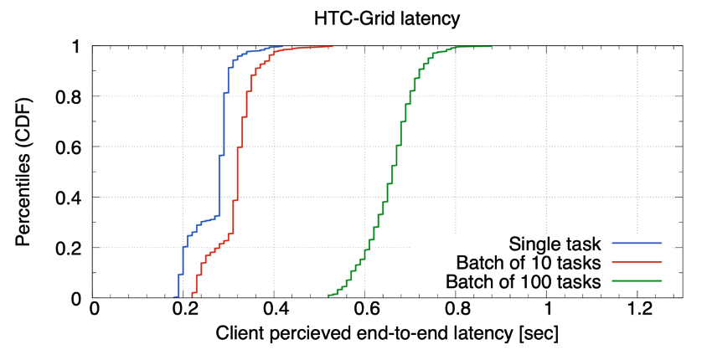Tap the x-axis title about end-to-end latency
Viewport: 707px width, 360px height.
[387, 334]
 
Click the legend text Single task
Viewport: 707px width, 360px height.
[555, 244]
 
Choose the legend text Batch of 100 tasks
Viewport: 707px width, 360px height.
[524, 280]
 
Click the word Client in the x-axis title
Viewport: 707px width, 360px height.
[240, 334]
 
